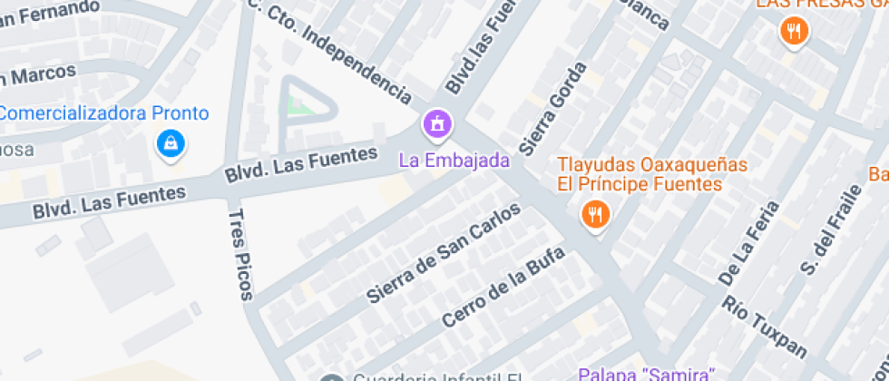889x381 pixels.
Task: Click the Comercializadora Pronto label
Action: point(105,114)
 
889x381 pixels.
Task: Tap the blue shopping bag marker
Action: point(169,143)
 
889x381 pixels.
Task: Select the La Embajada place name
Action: point(455,160)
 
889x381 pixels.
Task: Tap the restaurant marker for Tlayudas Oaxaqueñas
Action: point(595,215)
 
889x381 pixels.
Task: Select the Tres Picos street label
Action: point(240,253)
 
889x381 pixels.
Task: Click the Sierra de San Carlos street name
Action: point(444,252)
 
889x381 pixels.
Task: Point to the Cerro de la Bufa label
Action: point(503,287)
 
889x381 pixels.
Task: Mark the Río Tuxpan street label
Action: point(765,325)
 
